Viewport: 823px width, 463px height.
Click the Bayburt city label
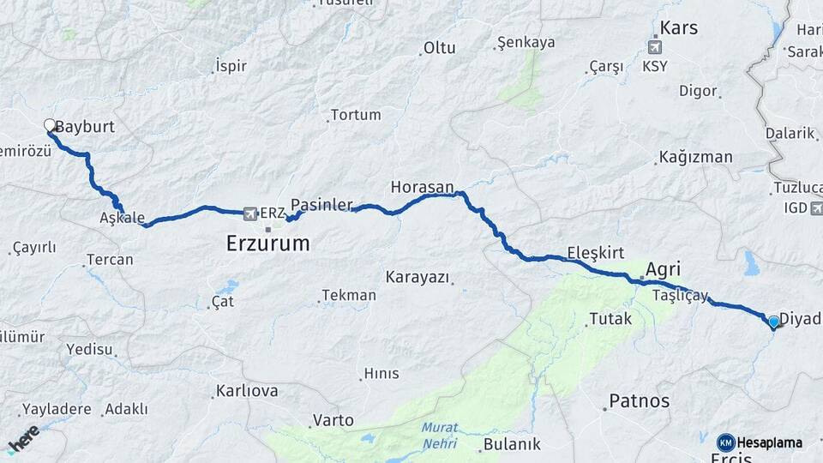pos(85,127)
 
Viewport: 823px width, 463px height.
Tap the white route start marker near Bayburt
pos(50,125)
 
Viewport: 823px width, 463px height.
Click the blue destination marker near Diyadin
pos(773,322)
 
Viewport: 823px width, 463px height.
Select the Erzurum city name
pos(267,244)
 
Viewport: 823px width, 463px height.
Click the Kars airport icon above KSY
pos(656,46)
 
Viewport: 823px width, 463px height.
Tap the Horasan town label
pos(421,186)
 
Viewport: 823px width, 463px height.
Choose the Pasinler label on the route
pos(321,205)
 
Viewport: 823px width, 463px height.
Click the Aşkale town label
pos(122,218)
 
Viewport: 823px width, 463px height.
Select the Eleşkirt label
pos(595,254)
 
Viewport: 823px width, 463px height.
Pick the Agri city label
pos(664,269)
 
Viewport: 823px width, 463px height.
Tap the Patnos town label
pos(639,400)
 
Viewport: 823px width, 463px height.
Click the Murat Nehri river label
pos(440,436)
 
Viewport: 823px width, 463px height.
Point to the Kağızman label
pos(695,157)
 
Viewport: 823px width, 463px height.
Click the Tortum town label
pos(355,114)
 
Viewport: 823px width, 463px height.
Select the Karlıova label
pos(247,392)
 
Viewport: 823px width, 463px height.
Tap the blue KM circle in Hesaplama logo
pos(725,442)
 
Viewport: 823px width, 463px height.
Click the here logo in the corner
pos(23,438)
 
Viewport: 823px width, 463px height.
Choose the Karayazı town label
pos(418,277)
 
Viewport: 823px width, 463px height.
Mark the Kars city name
pos(679,27)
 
